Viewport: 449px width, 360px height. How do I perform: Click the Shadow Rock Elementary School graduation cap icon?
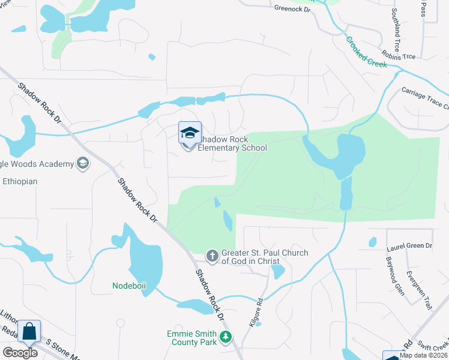tap(190, 133)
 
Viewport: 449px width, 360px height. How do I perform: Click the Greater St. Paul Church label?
tap(265, 257)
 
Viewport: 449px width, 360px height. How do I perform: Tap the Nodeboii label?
tap(129, 286)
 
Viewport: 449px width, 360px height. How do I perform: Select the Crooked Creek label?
tap(366, 53)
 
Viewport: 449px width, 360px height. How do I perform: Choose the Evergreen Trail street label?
tap(418, 290)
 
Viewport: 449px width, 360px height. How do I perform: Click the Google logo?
tap(20, 352)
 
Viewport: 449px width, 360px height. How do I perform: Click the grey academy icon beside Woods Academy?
tap(83, 163)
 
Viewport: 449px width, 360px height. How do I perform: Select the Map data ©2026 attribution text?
tap(423, 355)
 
